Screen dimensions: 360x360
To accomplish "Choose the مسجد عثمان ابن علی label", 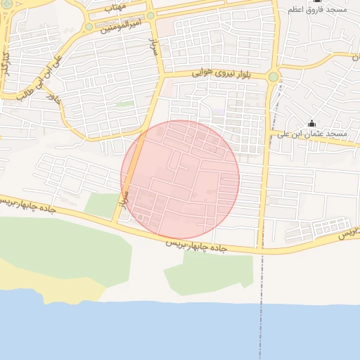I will coord(311,134).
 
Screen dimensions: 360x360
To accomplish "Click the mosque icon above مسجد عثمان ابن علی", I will coord(312,123).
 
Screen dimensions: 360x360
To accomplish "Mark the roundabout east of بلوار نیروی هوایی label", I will coord(273,76).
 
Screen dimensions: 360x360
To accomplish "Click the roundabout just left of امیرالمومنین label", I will coord(89,27).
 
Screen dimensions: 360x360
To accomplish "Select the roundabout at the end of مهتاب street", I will coord(150,15).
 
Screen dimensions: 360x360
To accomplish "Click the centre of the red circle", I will coord(180,179).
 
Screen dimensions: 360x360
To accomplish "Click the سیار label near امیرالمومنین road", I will coord(153,47).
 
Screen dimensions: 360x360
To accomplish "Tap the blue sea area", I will coord(176,334).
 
